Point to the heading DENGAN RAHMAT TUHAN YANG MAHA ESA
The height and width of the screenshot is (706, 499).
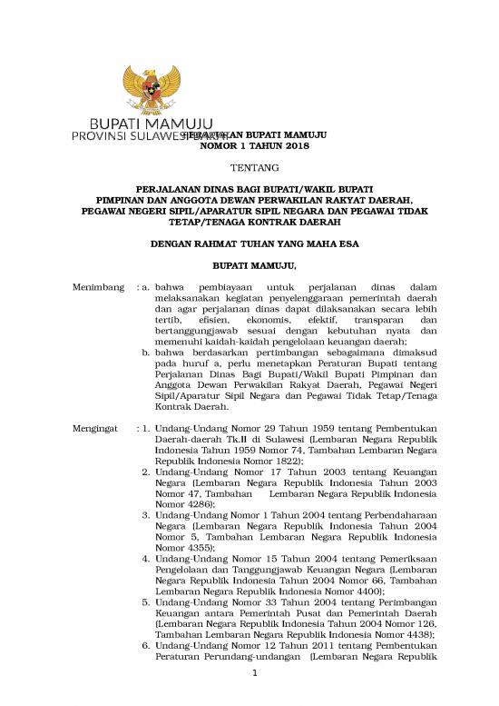click(x=248, y=244)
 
